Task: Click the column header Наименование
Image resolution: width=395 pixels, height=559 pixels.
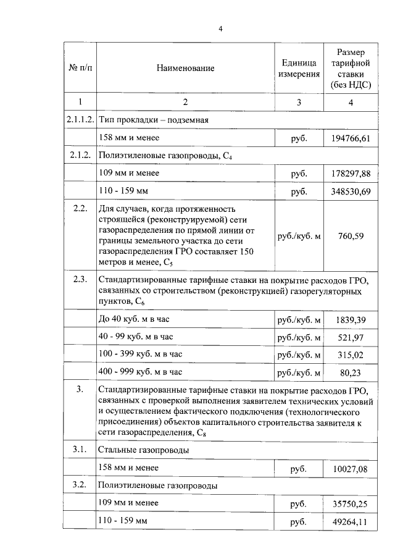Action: [x=185, y=69]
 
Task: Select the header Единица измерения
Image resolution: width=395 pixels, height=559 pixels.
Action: [x=299, y=69]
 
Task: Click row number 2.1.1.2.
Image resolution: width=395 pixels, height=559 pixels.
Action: [x=80, y=120]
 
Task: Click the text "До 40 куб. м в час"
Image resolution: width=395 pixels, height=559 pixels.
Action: [x=133, y=319]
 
